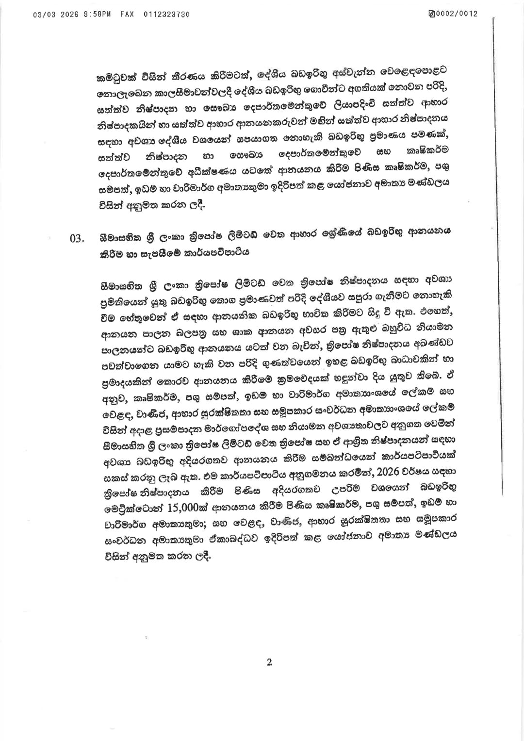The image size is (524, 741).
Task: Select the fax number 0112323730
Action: click(x=167, y=14)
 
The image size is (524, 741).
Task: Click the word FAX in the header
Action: click(x=128, y=14)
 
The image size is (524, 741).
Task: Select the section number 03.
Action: click(x=78, y=238)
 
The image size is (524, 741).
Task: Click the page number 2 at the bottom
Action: click(x=269, y=662)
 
